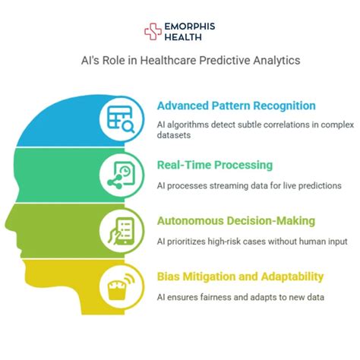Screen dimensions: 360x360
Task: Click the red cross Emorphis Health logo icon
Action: click(153, 31)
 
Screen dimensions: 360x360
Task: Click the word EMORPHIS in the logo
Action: click(189, 26)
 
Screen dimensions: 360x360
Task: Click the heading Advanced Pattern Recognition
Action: click(236, 106)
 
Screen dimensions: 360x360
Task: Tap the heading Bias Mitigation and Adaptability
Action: click(240, 276)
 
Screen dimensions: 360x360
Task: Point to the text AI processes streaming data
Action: click(238, 185)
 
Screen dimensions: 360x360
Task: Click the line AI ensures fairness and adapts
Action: click(229, 298)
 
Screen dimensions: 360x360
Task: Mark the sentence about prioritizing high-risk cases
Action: click(251, 242)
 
